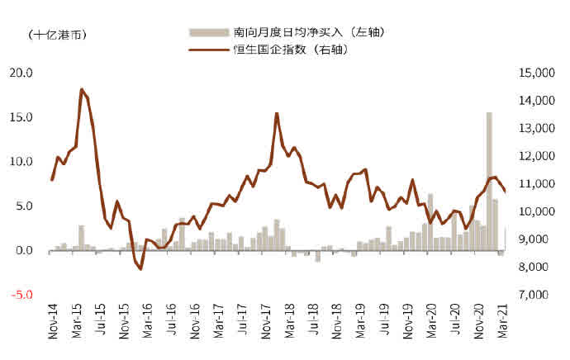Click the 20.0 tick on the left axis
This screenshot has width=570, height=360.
[x=17, y=73]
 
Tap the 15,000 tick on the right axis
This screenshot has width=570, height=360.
[x=539, y=73]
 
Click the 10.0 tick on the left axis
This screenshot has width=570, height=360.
[x=17, y=162]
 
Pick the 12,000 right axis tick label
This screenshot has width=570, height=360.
[x=539, y=156]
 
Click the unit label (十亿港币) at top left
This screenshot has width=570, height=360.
[x=57, y=34]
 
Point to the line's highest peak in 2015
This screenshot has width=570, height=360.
[x=81, y=89]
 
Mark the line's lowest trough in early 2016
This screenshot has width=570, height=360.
[x=140, y=268]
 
